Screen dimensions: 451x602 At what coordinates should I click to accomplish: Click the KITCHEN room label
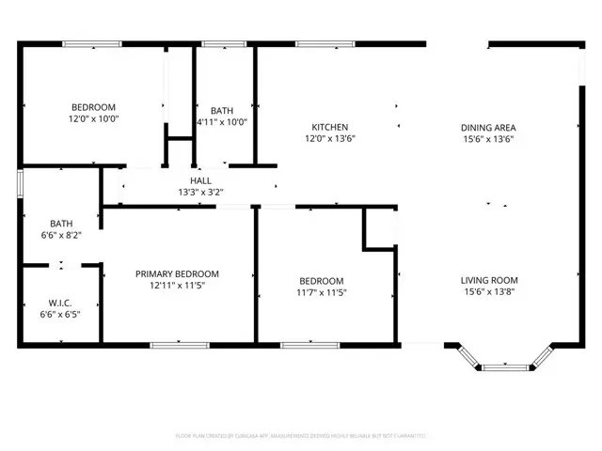pos(330,127)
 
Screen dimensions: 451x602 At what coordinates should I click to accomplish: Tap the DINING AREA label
pos(488,127)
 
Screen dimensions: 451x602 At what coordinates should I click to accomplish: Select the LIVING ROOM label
pos(488,280)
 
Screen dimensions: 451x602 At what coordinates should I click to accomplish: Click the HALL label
pos(201,180)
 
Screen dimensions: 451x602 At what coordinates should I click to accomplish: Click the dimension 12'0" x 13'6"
pos(330,139)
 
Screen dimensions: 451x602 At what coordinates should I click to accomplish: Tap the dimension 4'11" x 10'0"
pos(222,121)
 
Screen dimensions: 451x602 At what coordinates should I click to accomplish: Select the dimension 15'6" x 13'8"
pos(488,292)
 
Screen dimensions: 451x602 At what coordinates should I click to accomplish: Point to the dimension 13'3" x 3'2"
pos(201,192)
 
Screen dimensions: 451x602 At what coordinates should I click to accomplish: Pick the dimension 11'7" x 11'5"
pos(322,292)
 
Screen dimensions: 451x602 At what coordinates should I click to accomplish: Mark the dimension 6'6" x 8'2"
pos(61,235)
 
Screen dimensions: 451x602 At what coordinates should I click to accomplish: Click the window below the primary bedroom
pos(179,345)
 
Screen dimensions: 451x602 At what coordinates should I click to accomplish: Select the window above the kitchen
pos(325,43)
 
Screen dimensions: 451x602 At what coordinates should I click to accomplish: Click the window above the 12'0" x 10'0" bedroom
pos(91,43)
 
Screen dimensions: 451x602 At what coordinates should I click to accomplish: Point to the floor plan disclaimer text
pos(301,436)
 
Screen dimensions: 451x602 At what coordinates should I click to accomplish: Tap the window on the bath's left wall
pos(20,183)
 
